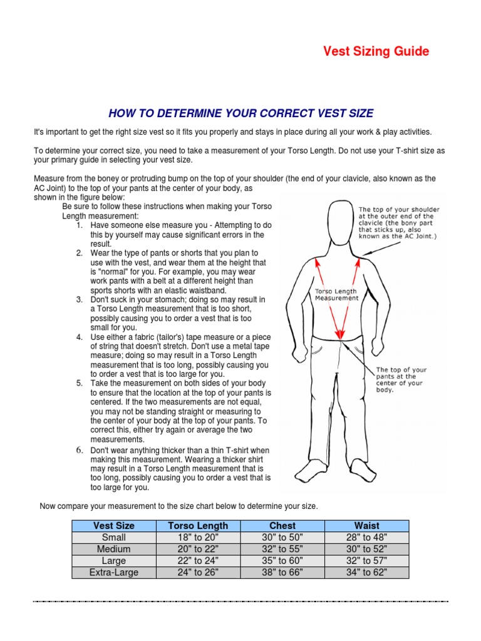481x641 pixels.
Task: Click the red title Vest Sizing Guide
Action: click(x=376, y=51)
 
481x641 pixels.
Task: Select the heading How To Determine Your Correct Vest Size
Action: click(x=241, y=113)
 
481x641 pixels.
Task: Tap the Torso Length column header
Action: click(x=199, y=526)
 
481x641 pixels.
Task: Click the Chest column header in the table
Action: click(x=282, y=526)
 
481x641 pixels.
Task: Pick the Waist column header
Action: click(x=366, y=526)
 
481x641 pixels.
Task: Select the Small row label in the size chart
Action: click(x=113, y=537)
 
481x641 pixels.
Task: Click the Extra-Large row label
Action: click(x=113, y=572)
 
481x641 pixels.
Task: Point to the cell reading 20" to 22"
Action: click(x=199, y=549)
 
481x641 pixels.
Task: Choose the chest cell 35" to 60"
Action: click(x=282, y=561)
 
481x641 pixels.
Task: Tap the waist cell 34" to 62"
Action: click(x=366, y=572)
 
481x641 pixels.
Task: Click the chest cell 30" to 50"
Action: click(x=282, y=537)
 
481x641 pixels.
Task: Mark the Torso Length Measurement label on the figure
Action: click(x=336, y=295)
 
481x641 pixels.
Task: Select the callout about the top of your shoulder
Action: click(x=398, y=223)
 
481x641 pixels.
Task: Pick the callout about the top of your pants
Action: click(x=401, y=379)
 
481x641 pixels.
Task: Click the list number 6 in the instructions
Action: click(x=80, y=450)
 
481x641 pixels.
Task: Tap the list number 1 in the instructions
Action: click(x=80, y=225)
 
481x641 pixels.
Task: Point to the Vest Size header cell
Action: click(x=113, y=526)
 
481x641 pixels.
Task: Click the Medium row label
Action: click(x=113, y=549)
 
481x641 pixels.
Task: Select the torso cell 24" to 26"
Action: click(x=199, y=572)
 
